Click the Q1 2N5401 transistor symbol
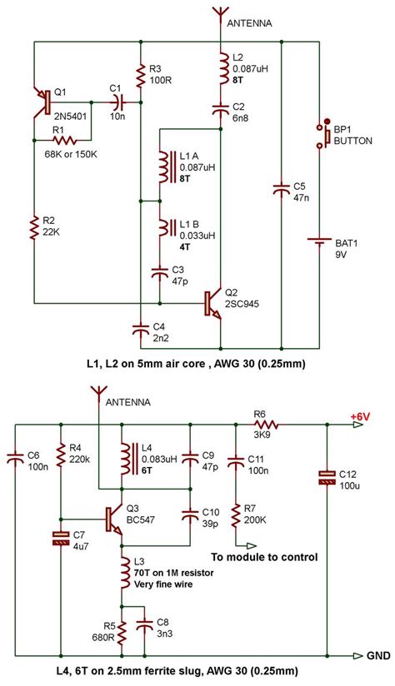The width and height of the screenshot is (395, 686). coord(42,102)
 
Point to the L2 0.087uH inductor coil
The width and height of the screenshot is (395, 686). coord(221,67)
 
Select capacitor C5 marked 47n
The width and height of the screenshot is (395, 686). coord(282,191)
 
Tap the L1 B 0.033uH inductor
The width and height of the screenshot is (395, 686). coord(162,229)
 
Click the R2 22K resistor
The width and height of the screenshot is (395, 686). coord(34,226)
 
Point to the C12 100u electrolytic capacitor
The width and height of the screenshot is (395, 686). coord(327,477)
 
